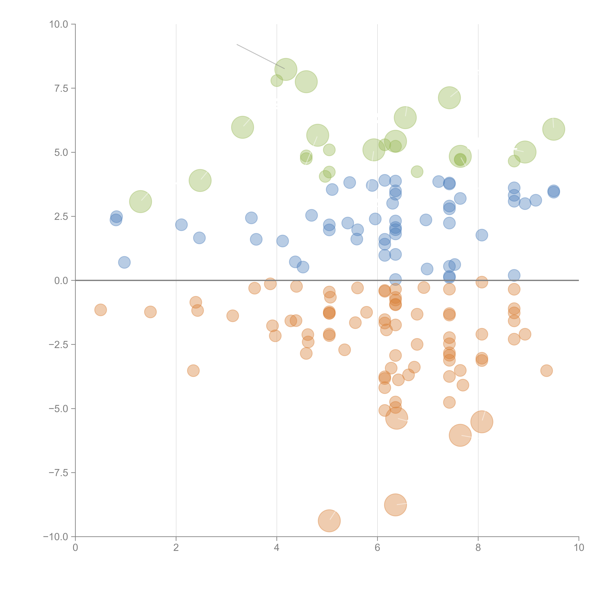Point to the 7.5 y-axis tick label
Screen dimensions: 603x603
pos(61,88)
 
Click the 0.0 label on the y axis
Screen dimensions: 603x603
pos(61,281)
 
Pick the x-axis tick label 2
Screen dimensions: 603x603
pos(176,548)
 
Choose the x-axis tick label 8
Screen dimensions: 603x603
pos(478,548)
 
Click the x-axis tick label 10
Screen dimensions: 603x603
pos(579,548)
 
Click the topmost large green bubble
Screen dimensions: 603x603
pos(286,69)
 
